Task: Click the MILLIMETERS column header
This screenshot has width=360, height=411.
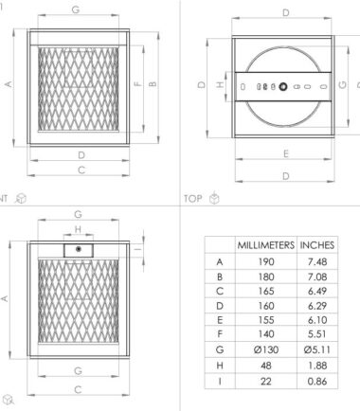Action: pyautogui.click(x=266, y=245)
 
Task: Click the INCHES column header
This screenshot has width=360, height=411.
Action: pyautogui.click(x=317, y=245)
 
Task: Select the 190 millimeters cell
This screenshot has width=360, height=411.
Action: pyautogui.click(x=266, y=261)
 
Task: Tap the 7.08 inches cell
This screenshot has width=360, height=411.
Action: pyautogui.click(x=317, y=277)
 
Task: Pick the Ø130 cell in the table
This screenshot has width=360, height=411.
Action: pyautogui.click(x=266, y=349)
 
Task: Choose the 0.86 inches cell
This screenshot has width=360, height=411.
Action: pyautogui.click(x=317, y=381)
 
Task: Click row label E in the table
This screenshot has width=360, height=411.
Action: pyautogui.click(x=220, y=320)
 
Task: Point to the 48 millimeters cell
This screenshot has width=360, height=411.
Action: pyautogui.click(x=266, y=366)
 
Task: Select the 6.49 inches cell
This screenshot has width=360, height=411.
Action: pyautogui.click(x=317, y=291)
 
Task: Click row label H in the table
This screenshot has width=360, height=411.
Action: pyautogui.click(x=220, y=366)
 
